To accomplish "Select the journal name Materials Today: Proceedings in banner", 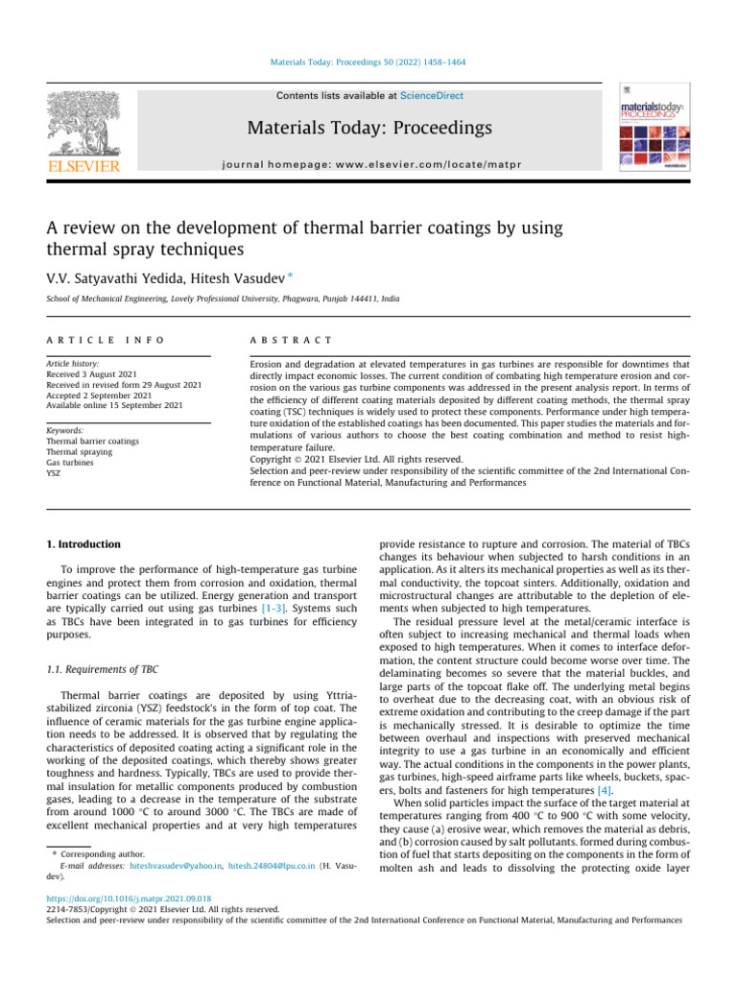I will [369, 128].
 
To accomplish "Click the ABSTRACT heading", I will [291, 340].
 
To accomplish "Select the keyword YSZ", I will [55, 473].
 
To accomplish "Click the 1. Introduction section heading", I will [84, 544].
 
